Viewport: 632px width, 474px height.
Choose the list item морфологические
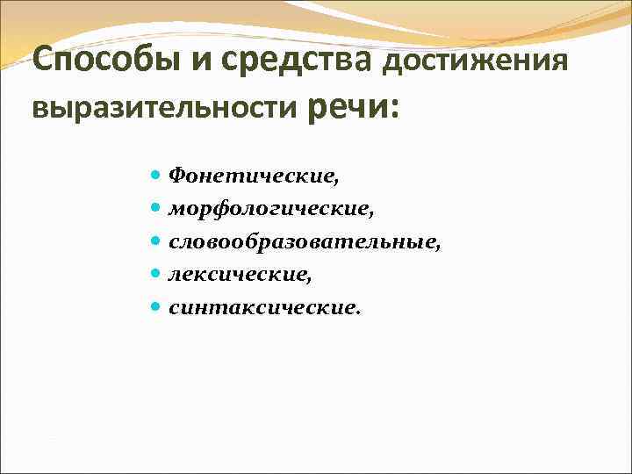point(270,208)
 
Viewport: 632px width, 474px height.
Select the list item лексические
point(240,275)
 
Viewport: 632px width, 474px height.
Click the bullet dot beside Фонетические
point(155,175)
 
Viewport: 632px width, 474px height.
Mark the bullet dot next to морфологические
point(155,208)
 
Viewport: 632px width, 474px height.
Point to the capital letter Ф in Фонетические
point(176,175)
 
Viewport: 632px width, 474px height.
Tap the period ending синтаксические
point(358,312)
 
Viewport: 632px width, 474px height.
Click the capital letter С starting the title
point(41,61)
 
